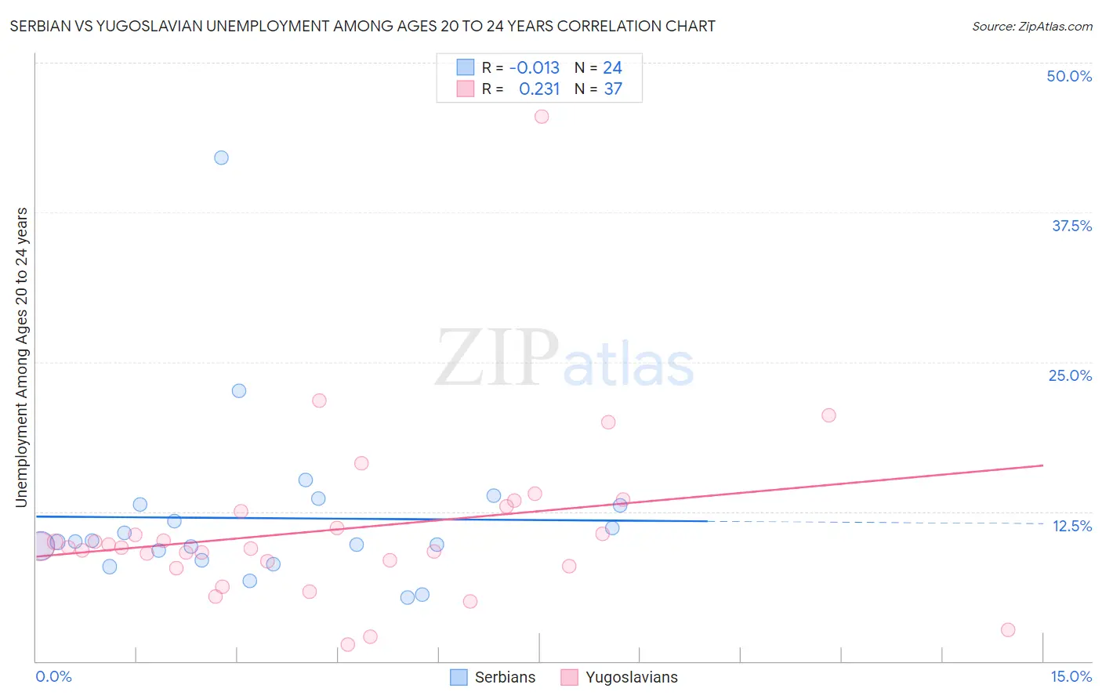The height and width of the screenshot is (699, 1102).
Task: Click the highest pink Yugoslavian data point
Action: tap(542, 117)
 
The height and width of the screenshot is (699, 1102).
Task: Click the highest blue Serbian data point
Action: tap(222, 158)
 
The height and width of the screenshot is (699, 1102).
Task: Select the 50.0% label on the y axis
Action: tap(1069, 76)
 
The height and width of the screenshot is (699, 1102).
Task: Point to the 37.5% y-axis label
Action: tap(1071, 226)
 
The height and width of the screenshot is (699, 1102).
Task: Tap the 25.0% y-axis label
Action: tap(1070, 375)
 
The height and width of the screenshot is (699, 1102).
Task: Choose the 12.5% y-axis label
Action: tap(1071, 526)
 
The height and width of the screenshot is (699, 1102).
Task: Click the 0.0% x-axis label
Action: tap(53, 676)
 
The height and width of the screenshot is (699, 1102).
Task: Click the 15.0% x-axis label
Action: tap(1071, 676)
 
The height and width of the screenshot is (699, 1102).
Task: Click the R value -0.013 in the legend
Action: tap(535, 68)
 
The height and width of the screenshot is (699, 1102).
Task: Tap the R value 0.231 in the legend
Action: tap(539, 89)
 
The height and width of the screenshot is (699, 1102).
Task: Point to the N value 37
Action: tap(613, 89)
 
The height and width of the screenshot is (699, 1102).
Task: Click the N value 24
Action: tap(612, 68)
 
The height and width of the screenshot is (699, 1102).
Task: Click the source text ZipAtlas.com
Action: tap(1032, 26)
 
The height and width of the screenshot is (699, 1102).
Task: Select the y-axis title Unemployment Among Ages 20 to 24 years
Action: tap(22, 357)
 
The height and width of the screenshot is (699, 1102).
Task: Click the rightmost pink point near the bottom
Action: tap(1008, 630)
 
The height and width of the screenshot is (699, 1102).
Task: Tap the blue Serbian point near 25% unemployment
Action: tap(239, 391)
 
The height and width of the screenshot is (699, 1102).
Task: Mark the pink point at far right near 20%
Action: tap(828, 415)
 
